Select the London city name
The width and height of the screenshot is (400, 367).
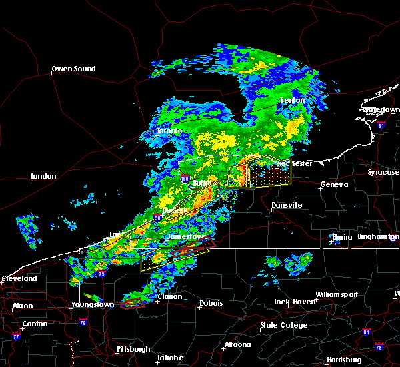[44, 177]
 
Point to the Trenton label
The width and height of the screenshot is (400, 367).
[292, 101]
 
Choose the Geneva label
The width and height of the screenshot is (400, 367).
[335, 185]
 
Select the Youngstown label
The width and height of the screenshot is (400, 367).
[92, 305]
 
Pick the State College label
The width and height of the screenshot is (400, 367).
[283, 326]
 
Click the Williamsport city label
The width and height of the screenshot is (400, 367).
[337, 294]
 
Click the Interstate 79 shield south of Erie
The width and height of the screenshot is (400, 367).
[101, 274]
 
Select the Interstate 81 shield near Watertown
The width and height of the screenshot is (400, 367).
[381, 125]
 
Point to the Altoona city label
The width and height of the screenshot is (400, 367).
[237, 345]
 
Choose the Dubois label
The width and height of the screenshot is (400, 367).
[211, 304]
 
